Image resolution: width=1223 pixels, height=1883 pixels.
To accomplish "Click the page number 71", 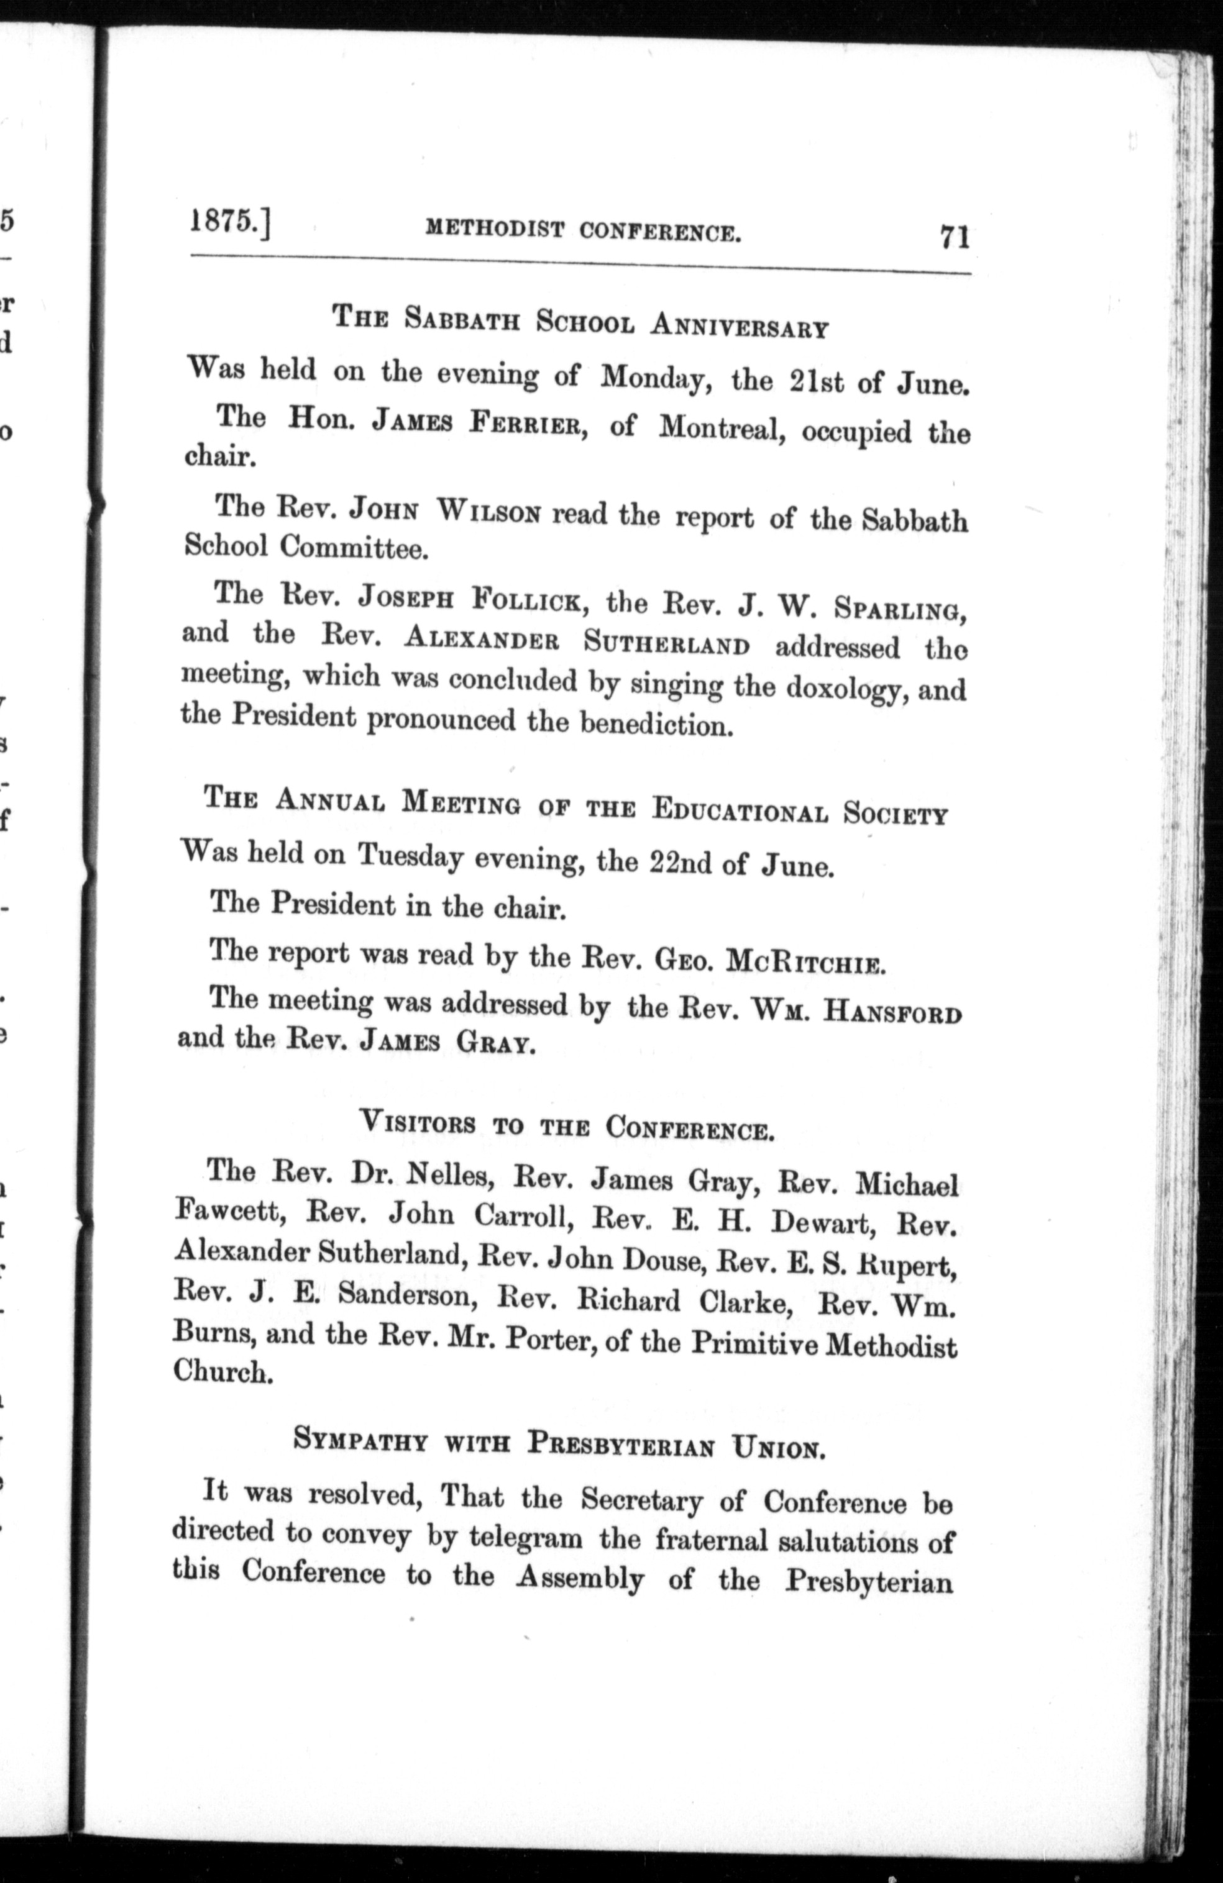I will coord(955,237).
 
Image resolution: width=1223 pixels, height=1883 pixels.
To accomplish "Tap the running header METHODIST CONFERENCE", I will coord(583,230).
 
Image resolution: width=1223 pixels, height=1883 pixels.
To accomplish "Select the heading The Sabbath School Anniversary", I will coord(579,322).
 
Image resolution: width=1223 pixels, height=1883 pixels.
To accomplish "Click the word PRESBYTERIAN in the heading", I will coord(621,1443).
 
